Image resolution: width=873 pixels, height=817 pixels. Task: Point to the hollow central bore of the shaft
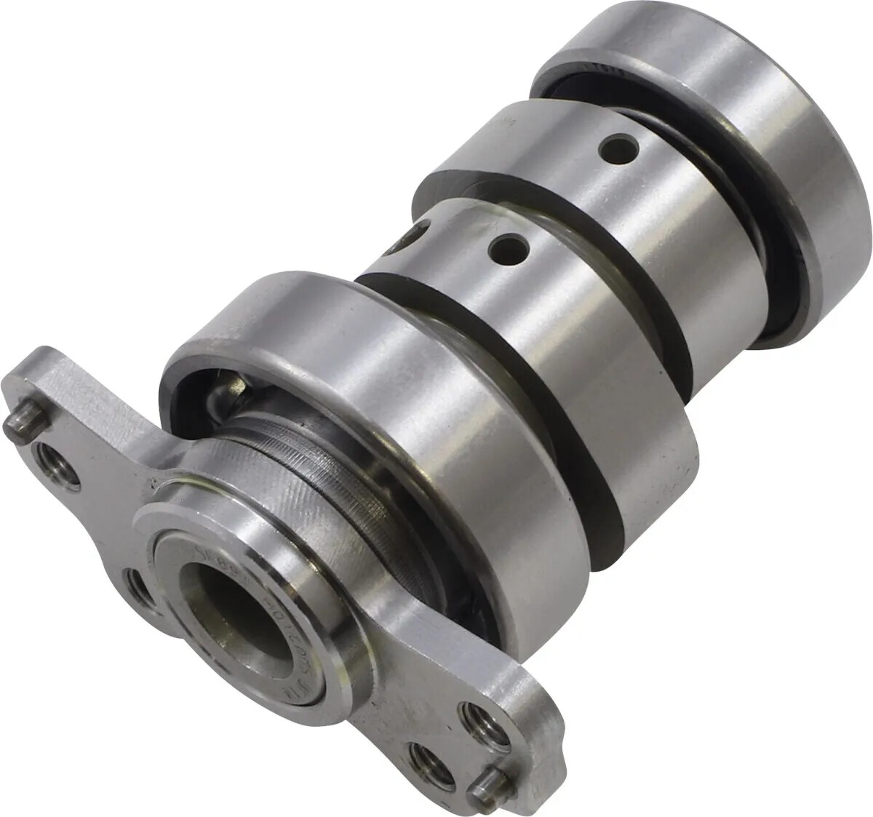coord(231,601)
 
